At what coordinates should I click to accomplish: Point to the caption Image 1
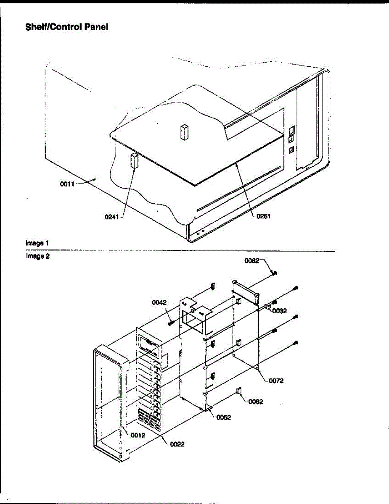point(37,243)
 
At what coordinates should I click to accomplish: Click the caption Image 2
point(37,256)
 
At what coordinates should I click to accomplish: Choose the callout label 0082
point(252,261)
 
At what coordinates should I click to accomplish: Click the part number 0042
point(160,302)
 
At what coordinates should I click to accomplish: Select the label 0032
point(279,311)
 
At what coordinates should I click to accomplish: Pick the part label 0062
point(256,402)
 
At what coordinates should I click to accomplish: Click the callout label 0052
point(224,417)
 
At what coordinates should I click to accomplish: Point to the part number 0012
point(138,436)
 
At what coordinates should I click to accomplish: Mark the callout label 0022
point(177,444)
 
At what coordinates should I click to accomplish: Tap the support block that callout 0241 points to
point(135,160)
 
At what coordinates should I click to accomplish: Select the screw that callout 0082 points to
point(274,273)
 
